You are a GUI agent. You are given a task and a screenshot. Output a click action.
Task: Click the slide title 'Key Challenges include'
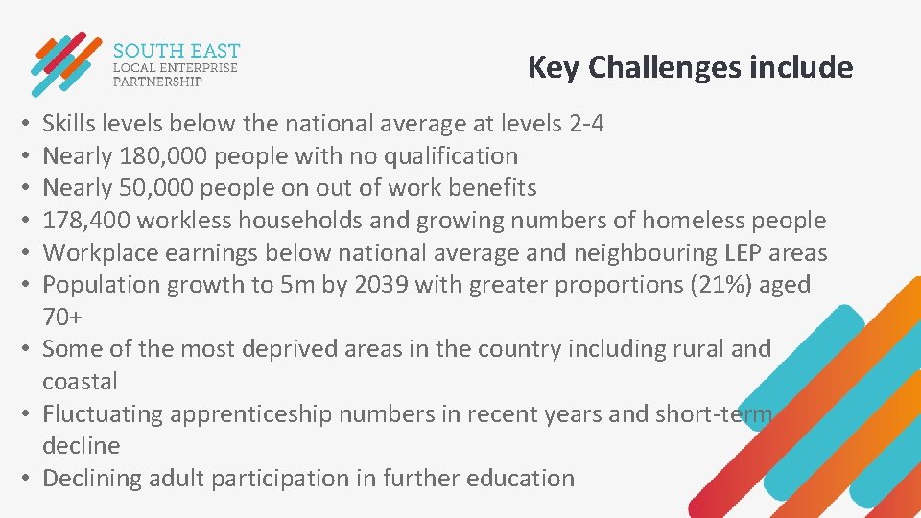coord(690,68)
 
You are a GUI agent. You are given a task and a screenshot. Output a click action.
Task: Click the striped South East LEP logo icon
coord(65,64)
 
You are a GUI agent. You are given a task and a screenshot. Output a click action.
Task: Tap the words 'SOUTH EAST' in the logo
coord(176,50)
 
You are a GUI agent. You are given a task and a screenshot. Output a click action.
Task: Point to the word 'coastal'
coord(80,381)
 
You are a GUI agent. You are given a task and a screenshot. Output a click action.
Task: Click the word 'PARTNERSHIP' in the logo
coord(158,82)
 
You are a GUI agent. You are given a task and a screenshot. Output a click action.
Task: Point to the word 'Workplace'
coord(101,252)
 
